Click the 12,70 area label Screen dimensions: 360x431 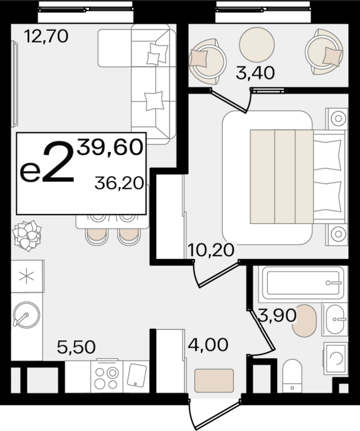coord(46,37)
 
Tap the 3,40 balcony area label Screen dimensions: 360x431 coord(255,73)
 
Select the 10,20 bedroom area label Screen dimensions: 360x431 coord(211,250)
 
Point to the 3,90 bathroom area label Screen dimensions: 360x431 coord(277,315)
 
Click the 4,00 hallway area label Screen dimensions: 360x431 coord(208,345)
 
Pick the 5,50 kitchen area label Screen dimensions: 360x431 coord(76,347)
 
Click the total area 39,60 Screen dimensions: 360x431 coord(110,147)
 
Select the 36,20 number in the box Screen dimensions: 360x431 coord(119,184)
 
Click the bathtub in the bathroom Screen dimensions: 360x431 coord(303,283)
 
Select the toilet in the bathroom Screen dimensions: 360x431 coord(292,376)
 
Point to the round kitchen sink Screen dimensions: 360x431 coord(27,315)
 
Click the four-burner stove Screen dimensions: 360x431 coord(107,376)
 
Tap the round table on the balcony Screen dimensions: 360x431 coord(257,45)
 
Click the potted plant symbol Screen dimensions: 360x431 coord(27,235)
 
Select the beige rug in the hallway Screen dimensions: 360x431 coord(214,381)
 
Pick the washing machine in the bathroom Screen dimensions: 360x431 coord(335,358)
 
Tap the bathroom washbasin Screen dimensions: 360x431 coord(335,319)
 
